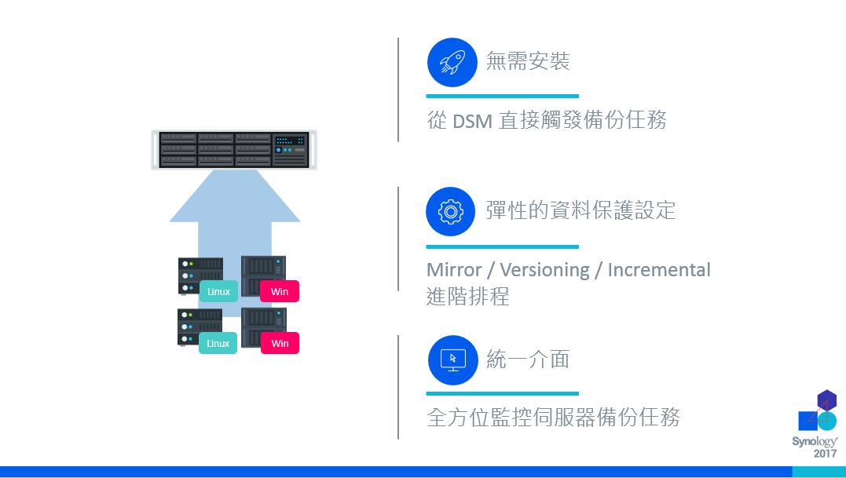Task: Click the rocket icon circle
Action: pyautogui.click(x=452, y=61)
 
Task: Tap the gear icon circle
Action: pyautogui.click(x=451, y=211)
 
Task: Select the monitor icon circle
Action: pyautogui.click(x=452, y=360)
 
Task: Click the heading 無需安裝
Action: pyautogui.click(x=528, y=61)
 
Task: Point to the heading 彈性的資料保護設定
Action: pyautogui.click(x=580, y=210)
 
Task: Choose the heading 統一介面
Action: pyautogui.click(x=528, y=359)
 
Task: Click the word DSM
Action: pyautogui.click(x=472, y=121)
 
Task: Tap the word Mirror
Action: pyautogui.click(x=453, y=270)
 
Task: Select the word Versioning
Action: pyautogui.click(x=544, y=270)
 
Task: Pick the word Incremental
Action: pyautogui.click(x=659, y=270)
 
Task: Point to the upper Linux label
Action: pyautogui.click(x=218, y=292)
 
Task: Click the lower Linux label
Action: pyautogui.click(x=218, y=343)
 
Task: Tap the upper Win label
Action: pyautogui.click(x=280, y=292)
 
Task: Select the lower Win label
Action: pyautogui.click(x=280, y=343)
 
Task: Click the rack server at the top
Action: pyautogui.click(x=234, y=149)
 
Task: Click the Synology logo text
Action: pyautogui.click(x=815, y=442)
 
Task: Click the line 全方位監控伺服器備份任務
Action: pyautogui.click(x=553, y=417)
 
